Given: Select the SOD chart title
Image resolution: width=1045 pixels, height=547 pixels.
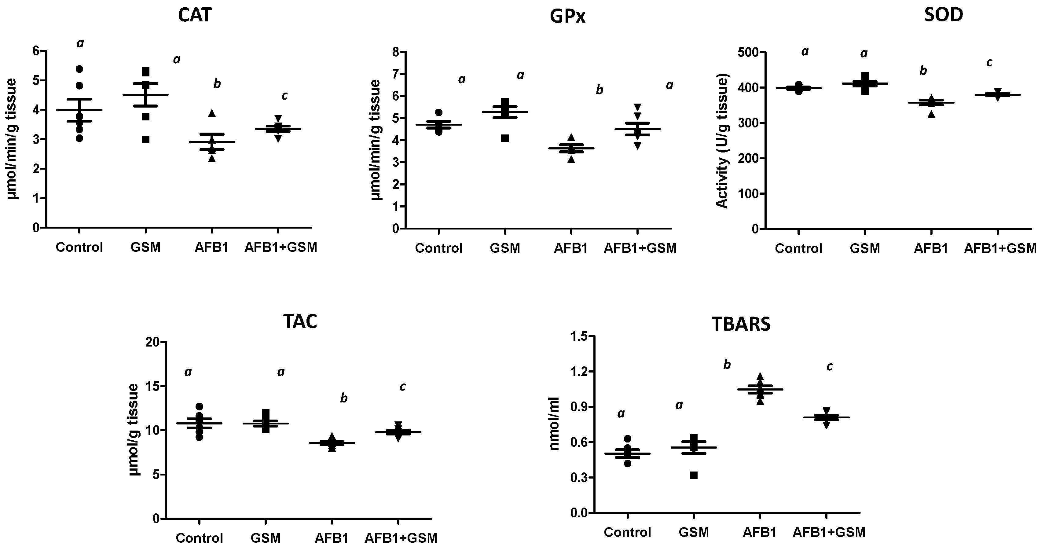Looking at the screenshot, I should pyautogui.click(x=943, y=15).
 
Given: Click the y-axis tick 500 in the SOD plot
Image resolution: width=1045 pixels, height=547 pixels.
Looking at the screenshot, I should pyautogui.click(x=752, y=52).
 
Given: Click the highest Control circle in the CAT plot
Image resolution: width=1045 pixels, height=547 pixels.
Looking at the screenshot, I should pyautogui.click(x=79, y=69).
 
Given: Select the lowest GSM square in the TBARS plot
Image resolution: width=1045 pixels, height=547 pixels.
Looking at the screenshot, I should pyautogui.click(x=694, y=475).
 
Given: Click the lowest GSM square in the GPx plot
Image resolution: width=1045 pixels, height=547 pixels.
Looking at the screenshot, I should pyautogui.click(x=505, y=138).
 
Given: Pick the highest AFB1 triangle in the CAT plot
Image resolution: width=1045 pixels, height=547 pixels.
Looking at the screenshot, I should pyautogui.click(x=212, y=113).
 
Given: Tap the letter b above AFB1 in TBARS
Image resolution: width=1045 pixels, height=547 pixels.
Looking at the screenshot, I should pyautogui.click(x=727, y=365).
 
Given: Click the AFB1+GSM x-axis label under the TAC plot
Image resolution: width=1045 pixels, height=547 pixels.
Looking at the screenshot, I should pyautogui.click(x=401, y=538).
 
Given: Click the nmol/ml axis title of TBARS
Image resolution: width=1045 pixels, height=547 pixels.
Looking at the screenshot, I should pyautogui.click(x=555, y=424).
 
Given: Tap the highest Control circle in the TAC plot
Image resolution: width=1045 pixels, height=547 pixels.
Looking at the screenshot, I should pyautogui.click(x=199, y=406).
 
